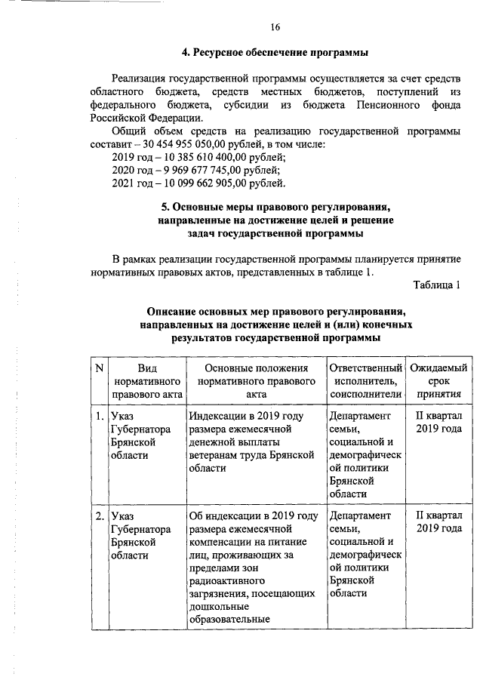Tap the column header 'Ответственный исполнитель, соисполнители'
[365, 380]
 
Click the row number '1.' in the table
[99, 416]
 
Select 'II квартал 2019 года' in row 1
[438, 422]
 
